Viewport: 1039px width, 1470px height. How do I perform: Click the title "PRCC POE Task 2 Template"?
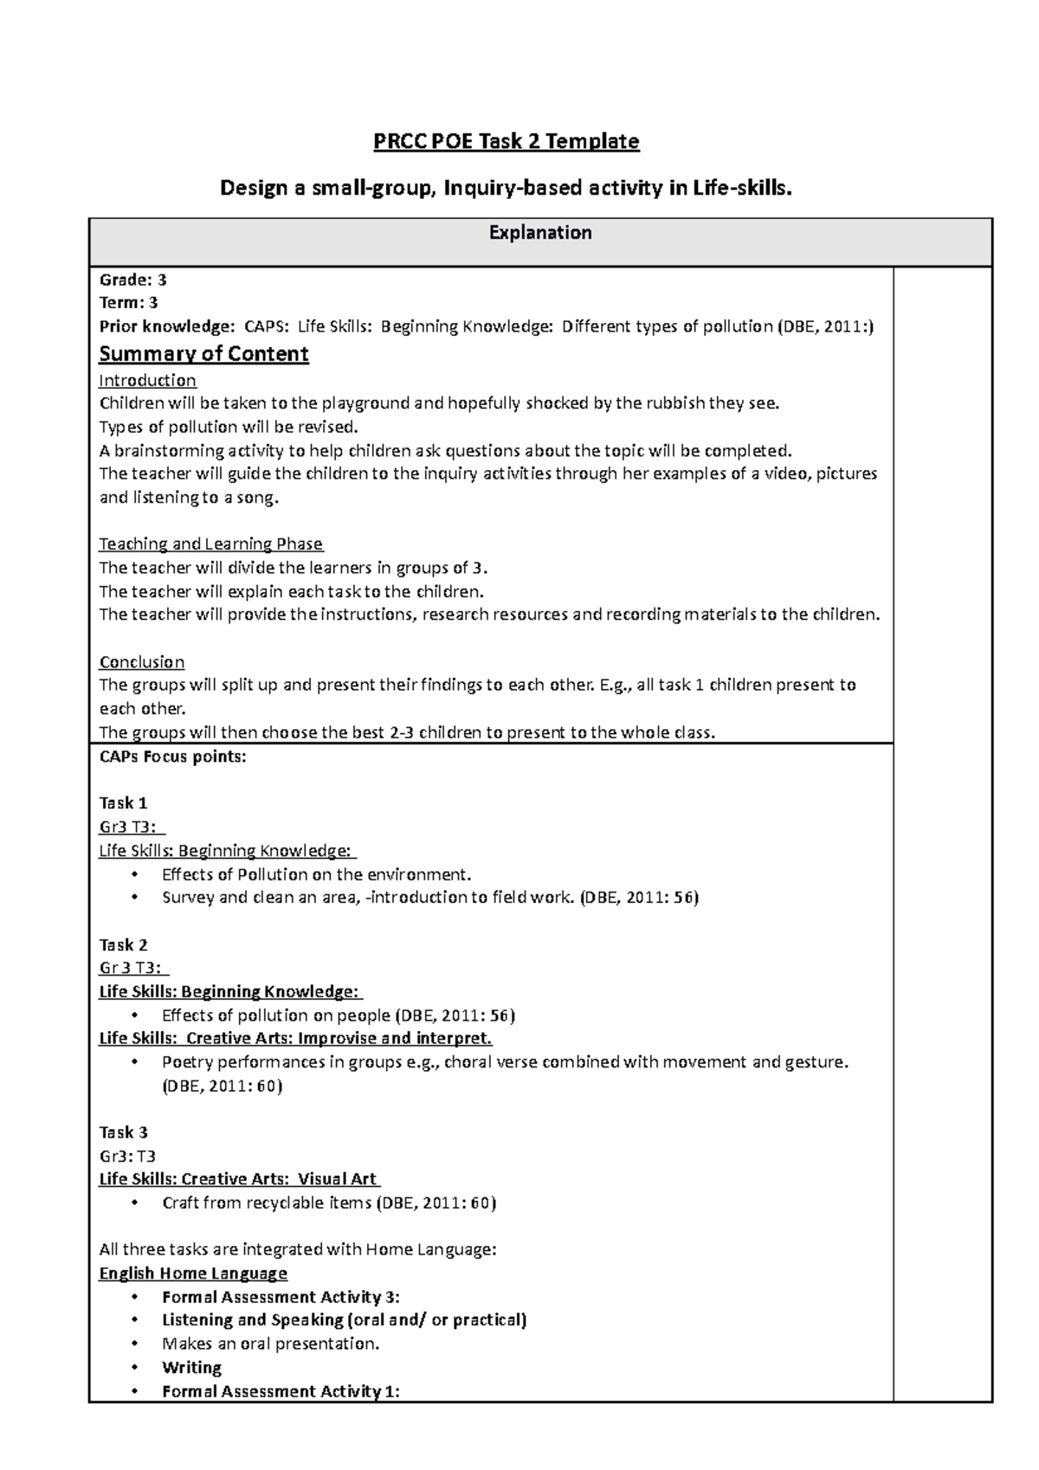pos(506,141)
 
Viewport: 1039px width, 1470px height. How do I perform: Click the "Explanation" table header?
pos(540,233)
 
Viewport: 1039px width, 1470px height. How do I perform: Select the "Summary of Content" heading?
pos(203,354)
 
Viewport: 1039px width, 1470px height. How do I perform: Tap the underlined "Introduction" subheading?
pos(147,380)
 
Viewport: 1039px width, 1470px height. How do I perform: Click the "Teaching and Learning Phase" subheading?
pos(210,544)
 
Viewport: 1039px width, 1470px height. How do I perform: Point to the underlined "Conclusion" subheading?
pos(141,662)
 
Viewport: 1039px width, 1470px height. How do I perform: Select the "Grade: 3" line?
pos(132,280)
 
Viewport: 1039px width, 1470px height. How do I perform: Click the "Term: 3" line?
pos(128,303)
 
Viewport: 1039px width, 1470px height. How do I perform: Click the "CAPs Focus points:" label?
pos(172,756)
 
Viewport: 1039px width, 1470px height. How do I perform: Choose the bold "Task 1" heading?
pos(123,803)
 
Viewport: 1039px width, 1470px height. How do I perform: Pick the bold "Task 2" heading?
pos(123,945)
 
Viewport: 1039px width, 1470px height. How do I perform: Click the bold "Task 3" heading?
pos(123,1132)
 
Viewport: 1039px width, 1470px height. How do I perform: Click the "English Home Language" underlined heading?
pos(193,1273)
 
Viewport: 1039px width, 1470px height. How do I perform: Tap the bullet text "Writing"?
pos(191,1368)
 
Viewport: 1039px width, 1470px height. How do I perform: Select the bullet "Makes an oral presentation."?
pos(270,1344)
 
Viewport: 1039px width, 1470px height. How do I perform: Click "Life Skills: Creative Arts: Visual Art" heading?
pos(239,1179)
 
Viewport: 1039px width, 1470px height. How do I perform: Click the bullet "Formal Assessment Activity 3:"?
pos(281,1297)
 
